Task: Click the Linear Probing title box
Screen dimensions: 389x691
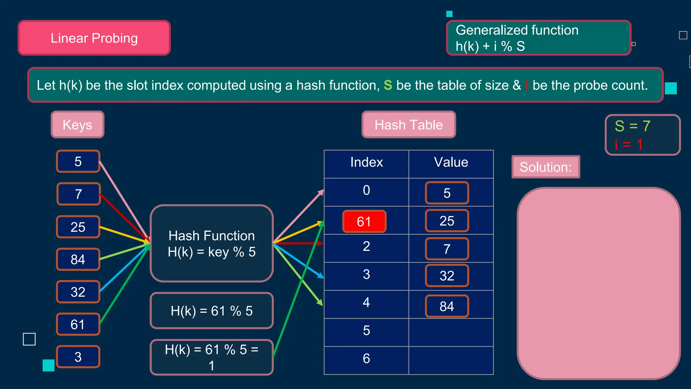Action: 94,38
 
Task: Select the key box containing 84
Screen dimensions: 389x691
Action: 78,259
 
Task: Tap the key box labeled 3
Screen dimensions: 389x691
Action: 78,357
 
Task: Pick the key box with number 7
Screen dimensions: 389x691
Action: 79,194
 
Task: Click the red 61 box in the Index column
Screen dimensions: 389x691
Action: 364,222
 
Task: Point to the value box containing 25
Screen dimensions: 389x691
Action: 447,221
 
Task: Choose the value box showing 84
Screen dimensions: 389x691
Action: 447,306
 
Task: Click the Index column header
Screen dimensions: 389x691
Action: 366,162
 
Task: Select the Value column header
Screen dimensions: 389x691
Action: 451,162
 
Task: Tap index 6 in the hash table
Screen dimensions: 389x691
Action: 366,359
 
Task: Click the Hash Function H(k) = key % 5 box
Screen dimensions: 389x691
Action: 212,243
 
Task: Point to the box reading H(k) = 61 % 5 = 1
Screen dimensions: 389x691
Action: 212,357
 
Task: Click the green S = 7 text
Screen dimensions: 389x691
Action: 632,126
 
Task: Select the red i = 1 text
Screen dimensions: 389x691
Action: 629,145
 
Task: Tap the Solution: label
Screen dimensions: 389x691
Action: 546,167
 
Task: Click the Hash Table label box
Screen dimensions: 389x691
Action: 409,125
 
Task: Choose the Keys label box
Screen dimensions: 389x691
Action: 78,125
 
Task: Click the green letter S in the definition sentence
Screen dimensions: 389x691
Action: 388,85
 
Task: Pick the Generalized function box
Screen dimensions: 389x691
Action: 538,38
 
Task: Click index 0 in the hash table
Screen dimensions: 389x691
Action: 366,190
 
